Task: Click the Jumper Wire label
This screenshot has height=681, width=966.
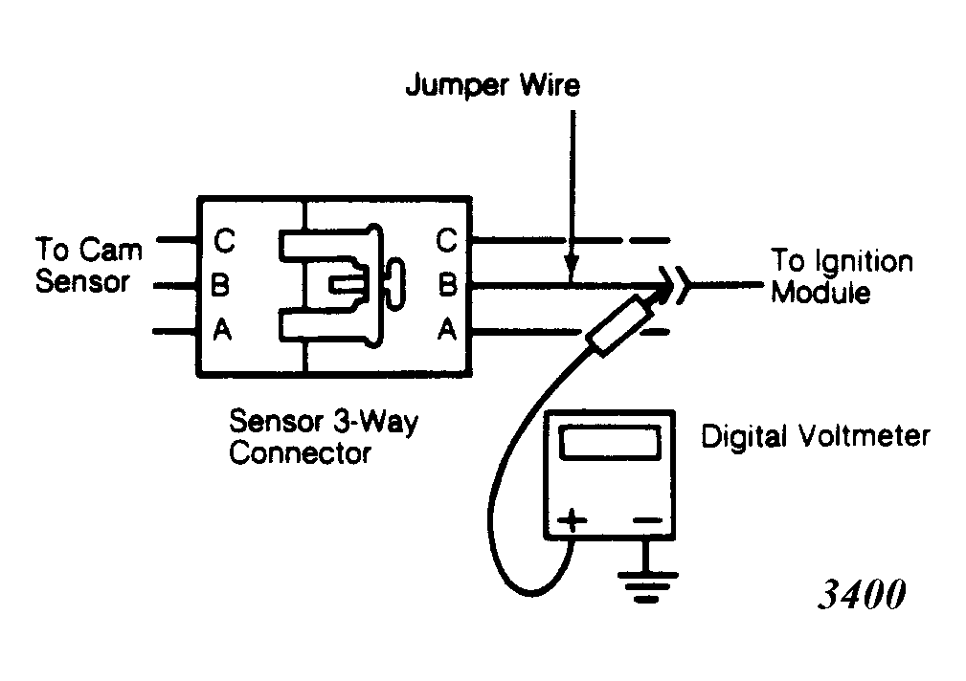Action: tap(492, 85)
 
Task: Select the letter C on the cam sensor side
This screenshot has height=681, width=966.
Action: tap(224, 240)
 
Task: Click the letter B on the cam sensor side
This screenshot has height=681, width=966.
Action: tap(220, 284)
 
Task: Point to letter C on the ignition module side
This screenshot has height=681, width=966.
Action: tap(447, 239)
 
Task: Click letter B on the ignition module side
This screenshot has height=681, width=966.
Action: tap(448, 284)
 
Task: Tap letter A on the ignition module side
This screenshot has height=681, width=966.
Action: tap(447, 329)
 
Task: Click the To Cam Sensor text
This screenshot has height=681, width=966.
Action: tap(89, 265)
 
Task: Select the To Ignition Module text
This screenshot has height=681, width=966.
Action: tap(842, 275)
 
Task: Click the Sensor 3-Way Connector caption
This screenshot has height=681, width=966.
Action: tap(324, 436)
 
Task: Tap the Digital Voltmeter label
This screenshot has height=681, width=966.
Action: tap(815, 436)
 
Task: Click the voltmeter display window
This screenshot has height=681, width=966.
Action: tap(609, 442)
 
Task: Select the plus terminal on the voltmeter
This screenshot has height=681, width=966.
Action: tap(573, 521)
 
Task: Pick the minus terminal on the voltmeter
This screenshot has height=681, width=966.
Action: tap(647, 520)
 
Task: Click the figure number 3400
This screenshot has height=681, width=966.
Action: tap(862, 594)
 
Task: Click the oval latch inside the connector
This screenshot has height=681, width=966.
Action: tap(394, 284)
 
